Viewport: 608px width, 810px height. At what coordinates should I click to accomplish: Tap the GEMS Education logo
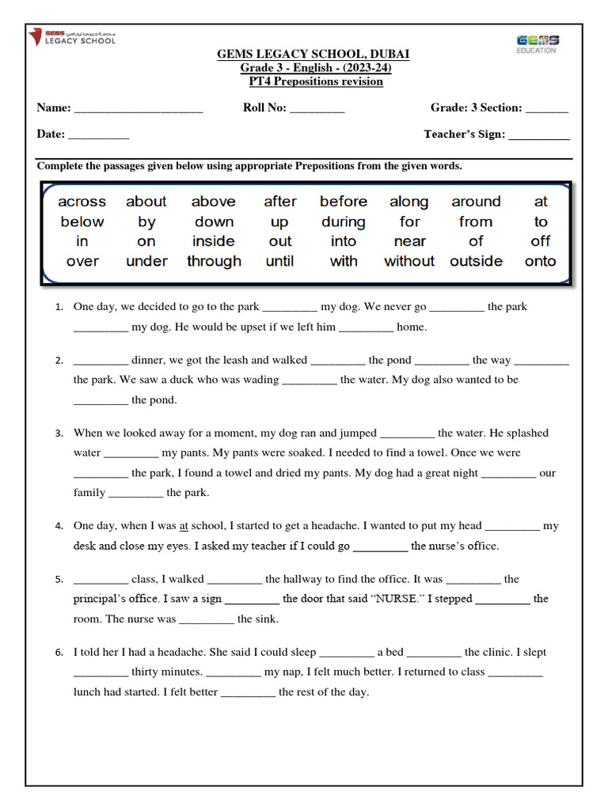tap(537, 44)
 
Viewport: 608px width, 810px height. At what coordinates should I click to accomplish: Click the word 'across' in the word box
tap(82, 202)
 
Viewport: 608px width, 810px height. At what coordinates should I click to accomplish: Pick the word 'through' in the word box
tap(214, 261)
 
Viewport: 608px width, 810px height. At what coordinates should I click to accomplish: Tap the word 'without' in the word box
tap(409, 261)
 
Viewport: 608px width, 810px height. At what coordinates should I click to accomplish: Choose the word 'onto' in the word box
tap(541, 261)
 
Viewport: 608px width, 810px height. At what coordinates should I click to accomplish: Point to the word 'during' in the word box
tap(344, 222)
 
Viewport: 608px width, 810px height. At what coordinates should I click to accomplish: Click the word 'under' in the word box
tap(146, 261)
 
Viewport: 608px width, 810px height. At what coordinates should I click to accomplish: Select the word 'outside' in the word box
tap(476, 261)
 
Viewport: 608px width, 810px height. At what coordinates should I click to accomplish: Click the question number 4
tap(59, 526)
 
